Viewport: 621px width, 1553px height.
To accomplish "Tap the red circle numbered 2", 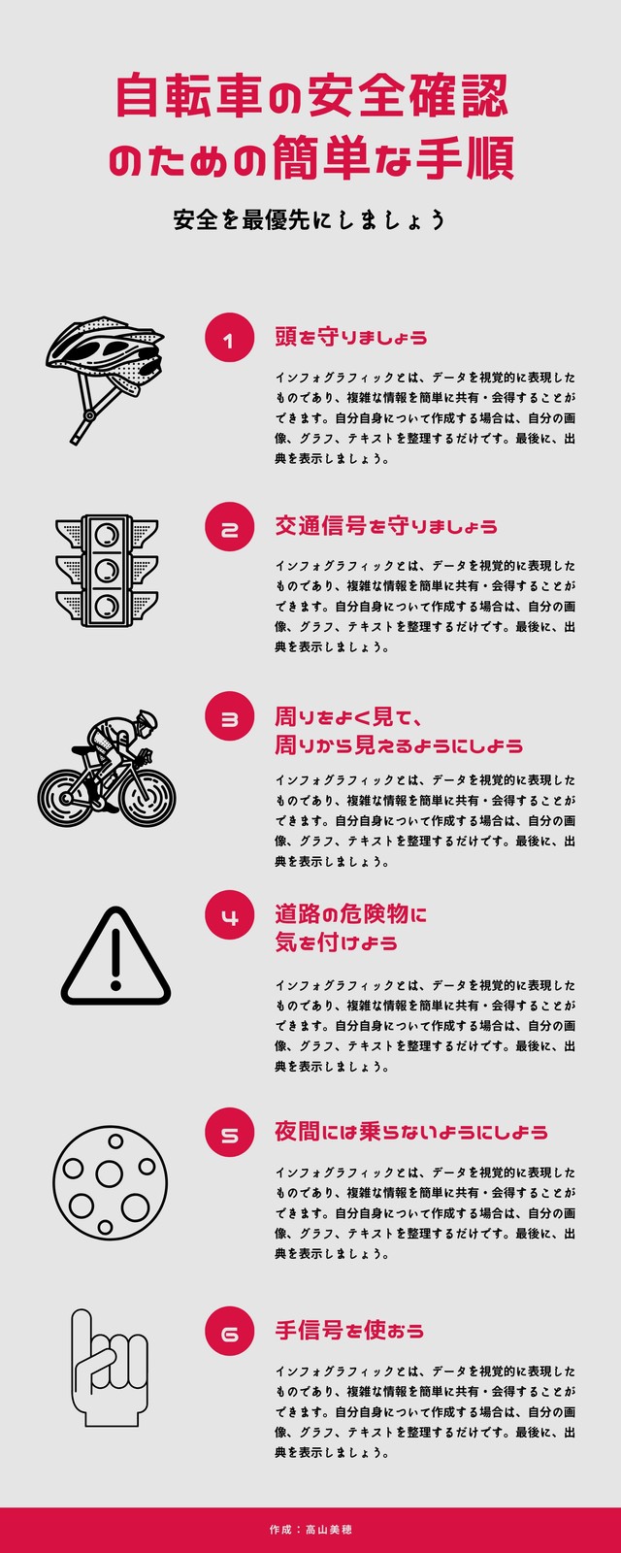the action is click(x=229, y=527).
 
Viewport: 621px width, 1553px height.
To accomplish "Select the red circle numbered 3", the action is click(x=229, y=716).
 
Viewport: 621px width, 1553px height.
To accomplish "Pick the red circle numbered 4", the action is click(x=229, y=915).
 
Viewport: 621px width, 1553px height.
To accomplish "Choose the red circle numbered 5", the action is click(x=229, y=1133).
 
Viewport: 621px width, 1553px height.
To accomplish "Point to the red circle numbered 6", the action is click(x=229, y=1331).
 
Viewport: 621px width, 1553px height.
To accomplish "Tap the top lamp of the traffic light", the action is click(x=107, y=535).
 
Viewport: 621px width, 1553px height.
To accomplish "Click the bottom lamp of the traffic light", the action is click(x=107, y=607).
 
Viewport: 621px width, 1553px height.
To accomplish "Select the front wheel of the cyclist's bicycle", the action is click(x=147, y=798).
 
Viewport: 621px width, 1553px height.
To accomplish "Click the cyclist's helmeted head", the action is click(x=147, y=720).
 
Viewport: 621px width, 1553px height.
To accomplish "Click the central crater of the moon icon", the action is click(x=109, y=1173).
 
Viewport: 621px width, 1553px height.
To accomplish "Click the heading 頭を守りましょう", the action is click(x=350, y=338).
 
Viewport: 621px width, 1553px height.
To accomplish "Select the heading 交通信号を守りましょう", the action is click(x=386, y=526).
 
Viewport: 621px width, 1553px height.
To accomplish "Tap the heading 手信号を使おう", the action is click(x=348, y=1331).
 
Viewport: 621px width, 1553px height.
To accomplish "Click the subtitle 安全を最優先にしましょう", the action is click(x=310, y=219).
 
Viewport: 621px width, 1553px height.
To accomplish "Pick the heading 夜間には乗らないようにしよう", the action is click(x=411, y=1132).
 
